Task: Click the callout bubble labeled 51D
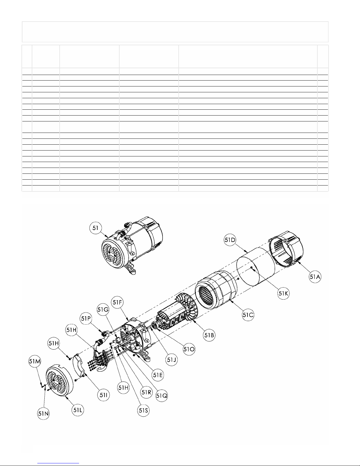click(230, 240)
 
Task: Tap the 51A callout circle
click(315, 277)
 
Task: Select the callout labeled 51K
click(283, 293)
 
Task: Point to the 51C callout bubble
click(248, 315)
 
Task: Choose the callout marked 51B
click(209, 335)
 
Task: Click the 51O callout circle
click(189, 349)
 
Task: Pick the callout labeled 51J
click(171, 360)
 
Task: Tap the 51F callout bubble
click(117, 302)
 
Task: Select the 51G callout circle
click(103, 310)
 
